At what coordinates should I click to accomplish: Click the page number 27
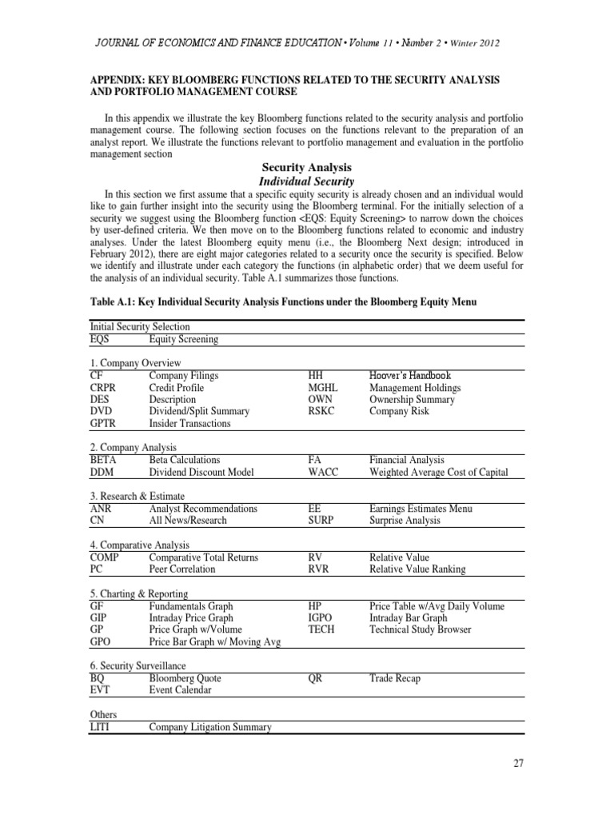coord(518,763)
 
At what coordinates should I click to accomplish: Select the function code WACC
coord(324,472)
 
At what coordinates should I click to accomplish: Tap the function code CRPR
coord(108,388)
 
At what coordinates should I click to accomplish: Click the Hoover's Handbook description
coord(410,375)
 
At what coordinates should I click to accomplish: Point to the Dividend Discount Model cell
coord(201,472)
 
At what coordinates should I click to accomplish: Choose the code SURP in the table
coord(322,520)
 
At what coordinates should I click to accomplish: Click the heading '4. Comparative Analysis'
coord(141,545)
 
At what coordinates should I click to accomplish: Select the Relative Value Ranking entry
coord(417,569)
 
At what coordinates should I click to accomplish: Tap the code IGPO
coord(322,618)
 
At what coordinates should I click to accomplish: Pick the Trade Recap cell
coord(395,678)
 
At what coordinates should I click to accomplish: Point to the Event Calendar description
coord(181,690)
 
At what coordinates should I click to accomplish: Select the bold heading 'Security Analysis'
coord(306,167)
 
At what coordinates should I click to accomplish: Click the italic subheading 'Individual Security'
coord(306,182)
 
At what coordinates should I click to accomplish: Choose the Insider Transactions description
coord(189,423)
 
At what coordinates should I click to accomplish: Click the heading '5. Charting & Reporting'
coord(140,594)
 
